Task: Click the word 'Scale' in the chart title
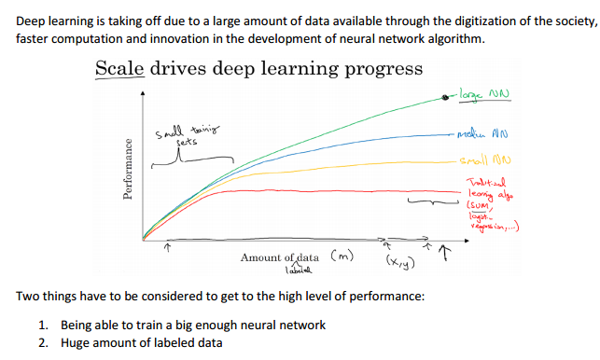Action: coord(120,69)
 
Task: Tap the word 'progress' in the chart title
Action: coord(384,70)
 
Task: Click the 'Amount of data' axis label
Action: coord(280,257)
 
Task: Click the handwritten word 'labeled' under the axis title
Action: coord(298,270)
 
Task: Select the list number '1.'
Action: coord(44,325)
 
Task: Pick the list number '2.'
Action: coord(44,342)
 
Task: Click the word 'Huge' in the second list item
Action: coord(77,342)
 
